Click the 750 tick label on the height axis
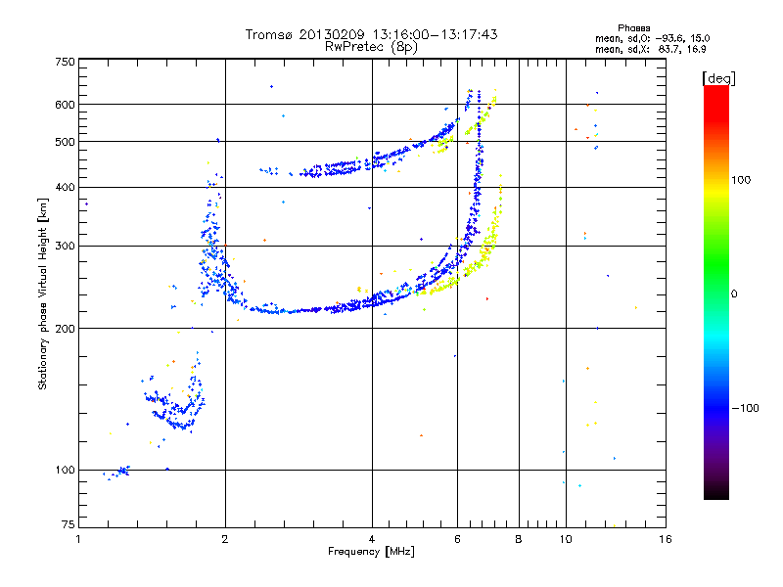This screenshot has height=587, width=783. [66, 62]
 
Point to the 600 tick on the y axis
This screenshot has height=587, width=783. [66, 105]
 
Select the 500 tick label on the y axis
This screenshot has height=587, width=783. [66, 142]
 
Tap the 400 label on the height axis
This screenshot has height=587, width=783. [66, 187]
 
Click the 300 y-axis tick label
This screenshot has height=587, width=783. [66, 247]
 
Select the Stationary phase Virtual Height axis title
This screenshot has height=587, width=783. [43, 293]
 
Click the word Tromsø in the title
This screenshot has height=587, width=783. [270, 34]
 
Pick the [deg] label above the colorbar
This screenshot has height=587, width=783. [718, 77]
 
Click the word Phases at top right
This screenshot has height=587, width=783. [635, 27]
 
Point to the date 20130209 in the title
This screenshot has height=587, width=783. [329, 34]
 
